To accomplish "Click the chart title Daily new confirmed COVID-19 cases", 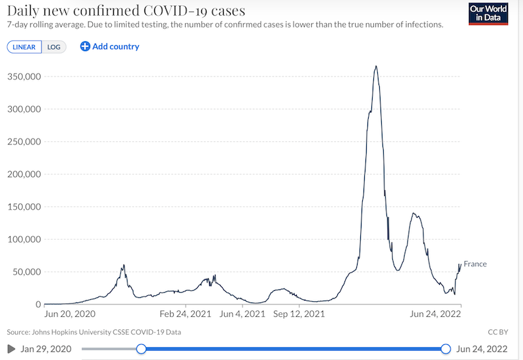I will coord(126,11).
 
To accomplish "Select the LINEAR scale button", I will coord(24,47).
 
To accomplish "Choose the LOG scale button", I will coord(54,47).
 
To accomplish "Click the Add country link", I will coord(110,46).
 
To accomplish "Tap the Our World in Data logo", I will coord(489,14).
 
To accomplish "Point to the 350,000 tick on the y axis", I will coord(24,76).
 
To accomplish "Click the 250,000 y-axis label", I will coord(24,142).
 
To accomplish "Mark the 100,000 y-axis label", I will coord(24,239).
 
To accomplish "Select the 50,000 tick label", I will coord(26,272).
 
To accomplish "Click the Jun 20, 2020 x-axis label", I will coord(69,314).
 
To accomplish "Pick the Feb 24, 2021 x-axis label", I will coord(186,314).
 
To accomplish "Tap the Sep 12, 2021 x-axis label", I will coord(298,314).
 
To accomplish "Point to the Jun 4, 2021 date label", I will coord(242,314).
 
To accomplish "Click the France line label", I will coord(475,264).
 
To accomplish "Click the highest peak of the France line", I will coord(376,66).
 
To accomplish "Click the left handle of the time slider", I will coord(141,349).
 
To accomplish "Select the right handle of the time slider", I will coord(447,349).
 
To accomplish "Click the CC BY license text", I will coord(498,332).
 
